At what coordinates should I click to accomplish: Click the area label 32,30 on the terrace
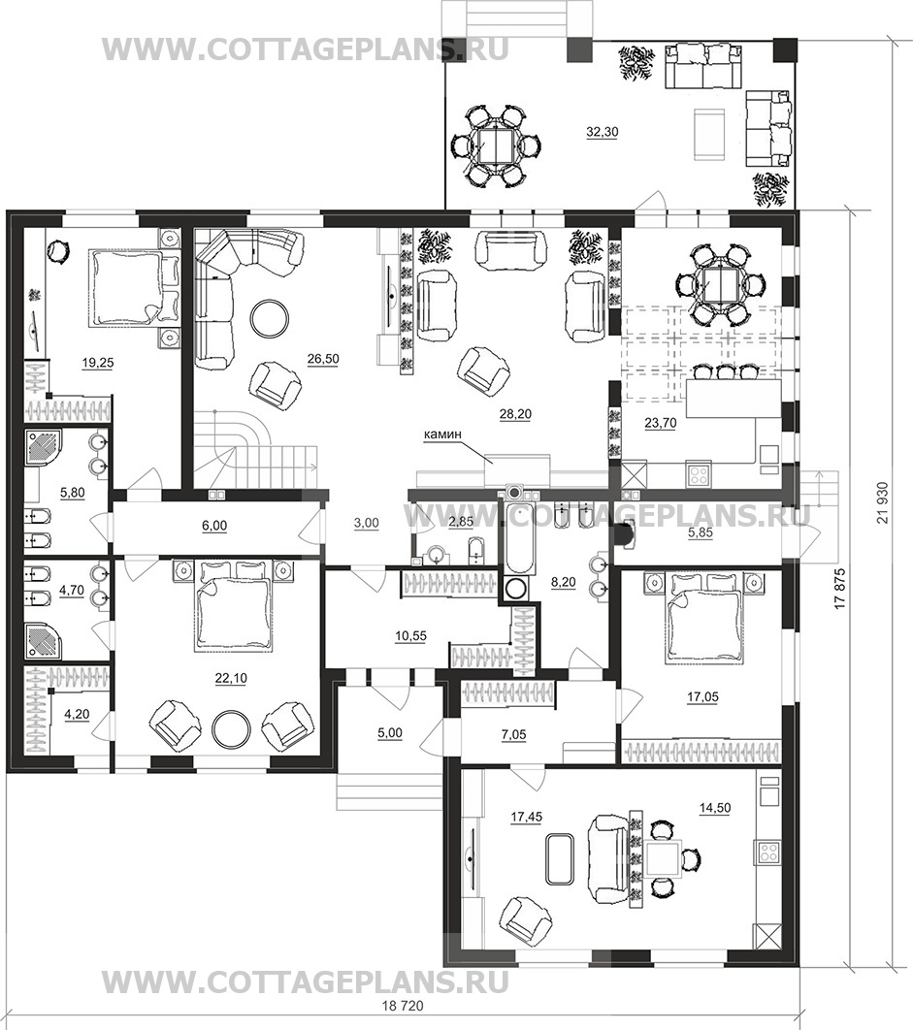603,134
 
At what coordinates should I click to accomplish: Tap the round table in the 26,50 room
267,317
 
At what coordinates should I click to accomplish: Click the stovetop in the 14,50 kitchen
769,853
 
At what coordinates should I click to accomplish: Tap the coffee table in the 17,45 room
560,857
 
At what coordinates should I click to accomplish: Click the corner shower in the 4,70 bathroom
45,636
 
